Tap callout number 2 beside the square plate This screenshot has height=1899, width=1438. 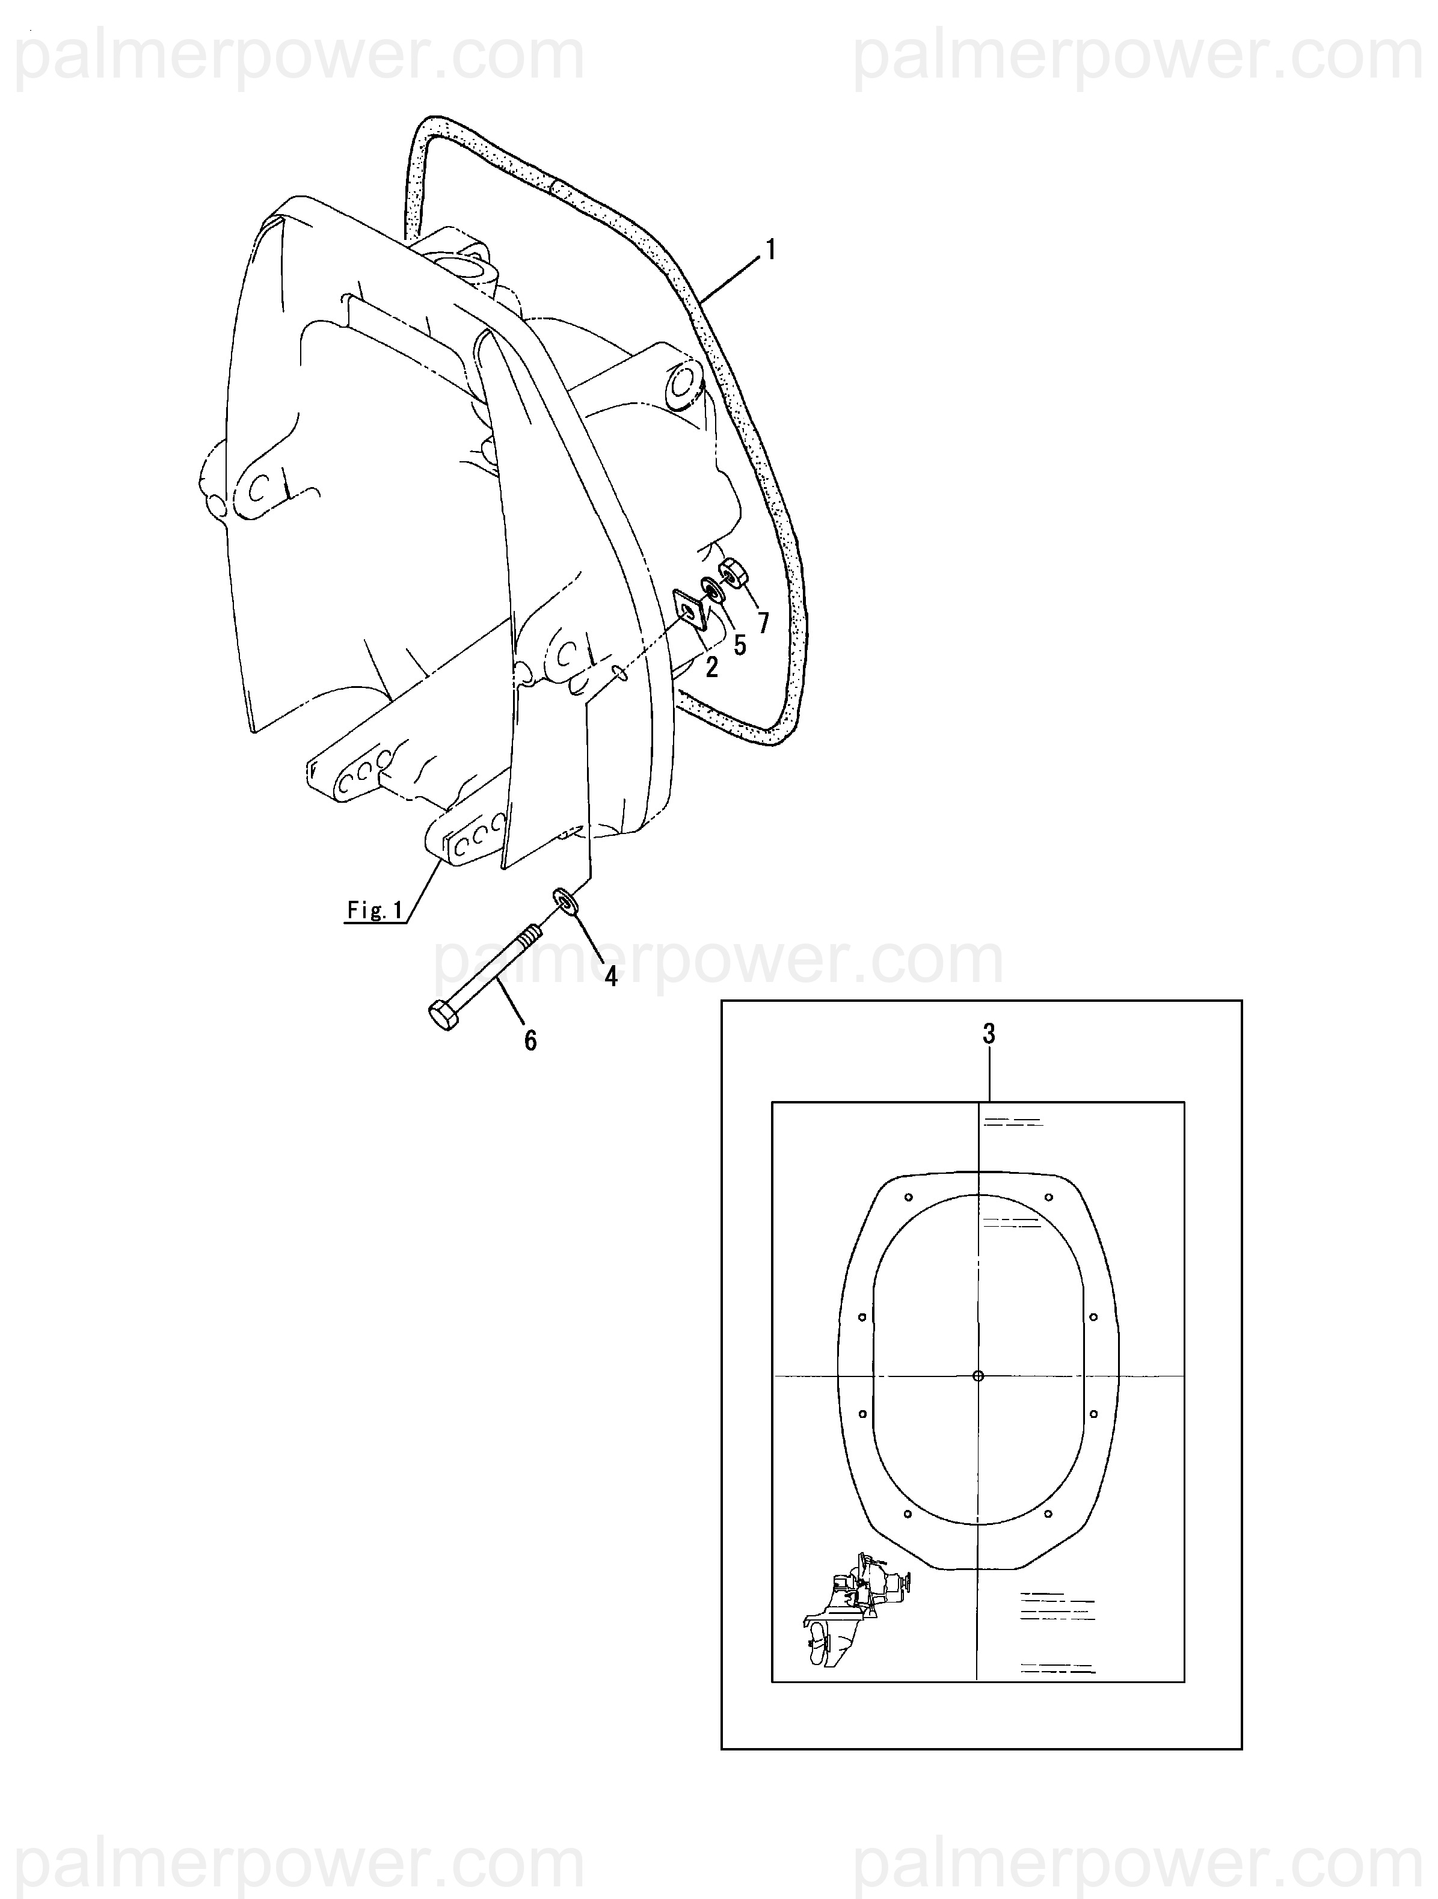click(x=711, y=666)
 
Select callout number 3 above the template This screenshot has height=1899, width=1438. click(x=989, y=1034)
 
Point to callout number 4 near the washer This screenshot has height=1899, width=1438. click(x=610, y=976)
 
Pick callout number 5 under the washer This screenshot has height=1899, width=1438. click(x=739, y=645)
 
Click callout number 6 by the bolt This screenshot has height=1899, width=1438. click(x=530, y=1040)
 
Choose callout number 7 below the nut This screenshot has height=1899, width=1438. click(x=763, y=622)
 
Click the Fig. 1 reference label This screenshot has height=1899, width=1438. click(x=375, y=910)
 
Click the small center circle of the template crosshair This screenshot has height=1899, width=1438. click(x=979, y=1375)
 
